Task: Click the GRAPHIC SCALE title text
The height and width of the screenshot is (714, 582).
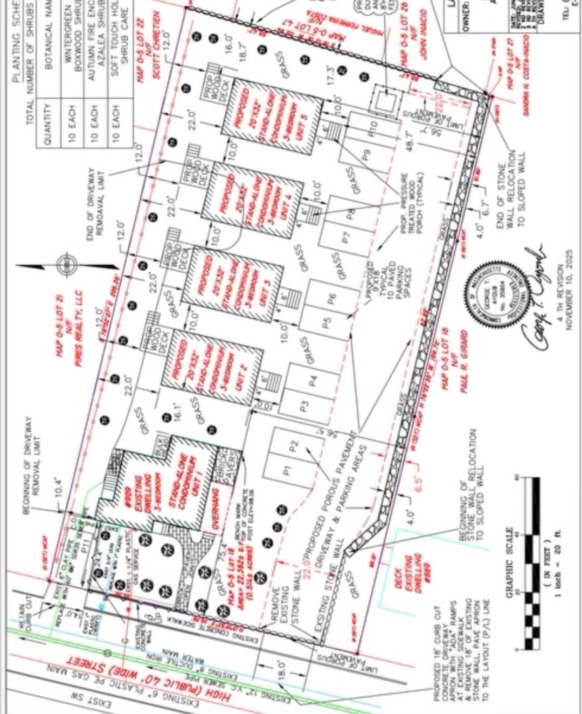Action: tap(510, 561)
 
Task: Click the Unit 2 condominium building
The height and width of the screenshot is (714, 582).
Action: tap(212, 369)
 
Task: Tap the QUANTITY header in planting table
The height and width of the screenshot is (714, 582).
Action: tap(47, 123)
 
